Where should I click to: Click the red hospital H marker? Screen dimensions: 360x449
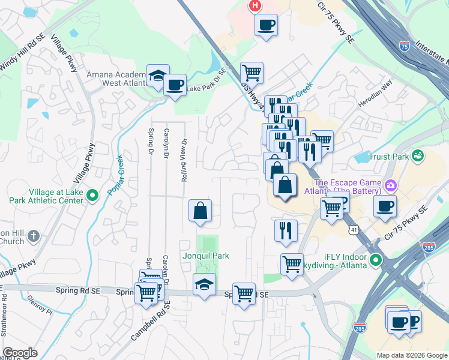(x=255, y=6)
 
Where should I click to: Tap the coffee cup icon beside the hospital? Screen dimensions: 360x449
(x=266, y=25)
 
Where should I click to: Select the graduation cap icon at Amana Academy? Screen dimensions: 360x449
(x=158, y=76)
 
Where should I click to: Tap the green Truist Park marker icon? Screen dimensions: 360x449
(x=418, y=156)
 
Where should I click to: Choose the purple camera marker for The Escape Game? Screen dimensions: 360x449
(x=391, y=185)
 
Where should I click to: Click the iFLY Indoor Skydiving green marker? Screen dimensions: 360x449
(x=376, y=260)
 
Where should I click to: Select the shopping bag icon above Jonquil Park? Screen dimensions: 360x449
(x=200, y=211)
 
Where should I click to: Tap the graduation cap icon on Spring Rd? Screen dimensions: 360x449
(x=204, y=285)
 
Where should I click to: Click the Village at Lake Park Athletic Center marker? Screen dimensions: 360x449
(x=92, y=194)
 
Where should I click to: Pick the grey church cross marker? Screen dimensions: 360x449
(x=34, y=236)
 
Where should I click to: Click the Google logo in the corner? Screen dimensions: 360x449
(x=20, y=353)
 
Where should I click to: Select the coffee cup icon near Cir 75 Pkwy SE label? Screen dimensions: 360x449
(x=385, y=207)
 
